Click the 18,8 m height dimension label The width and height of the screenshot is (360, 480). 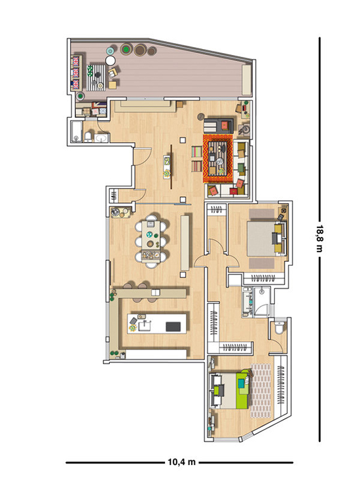click(x=319, y=238)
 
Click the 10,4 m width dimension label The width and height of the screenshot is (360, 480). click(x=181, y=462)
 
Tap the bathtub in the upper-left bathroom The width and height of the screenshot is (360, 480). click(x=77, y=132)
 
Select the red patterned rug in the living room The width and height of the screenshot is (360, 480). click(x=218, y=159)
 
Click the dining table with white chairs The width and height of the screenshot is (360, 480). click(x=151, y=241)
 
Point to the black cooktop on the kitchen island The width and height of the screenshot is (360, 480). click(x=173, y=327)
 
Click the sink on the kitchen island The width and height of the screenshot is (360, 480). click(x=145, y=325)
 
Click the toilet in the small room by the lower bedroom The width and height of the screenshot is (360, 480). click(x=279, y=328)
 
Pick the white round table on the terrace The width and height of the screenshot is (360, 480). click(x=110, y=60)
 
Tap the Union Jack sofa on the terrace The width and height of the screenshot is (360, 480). click(x=76, y=73)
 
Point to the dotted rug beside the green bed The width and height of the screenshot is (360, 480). click(x=261, y=390)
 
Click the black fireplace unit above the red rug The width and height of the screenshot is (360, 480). click(x=219, y=125)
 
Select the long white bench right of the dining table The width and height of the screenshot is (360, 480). click(x=185, y=243)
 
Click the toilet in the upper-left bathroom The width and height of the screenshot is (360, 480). click(x=88, y=137)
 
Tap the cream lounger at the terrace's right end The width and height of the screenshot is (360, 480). click(x=247, y=80)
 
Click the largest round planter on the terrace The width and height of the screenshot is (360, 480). click(x=140, y=50)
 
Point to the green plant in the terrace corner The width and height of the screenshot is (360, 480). click(x=80, y=96)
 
